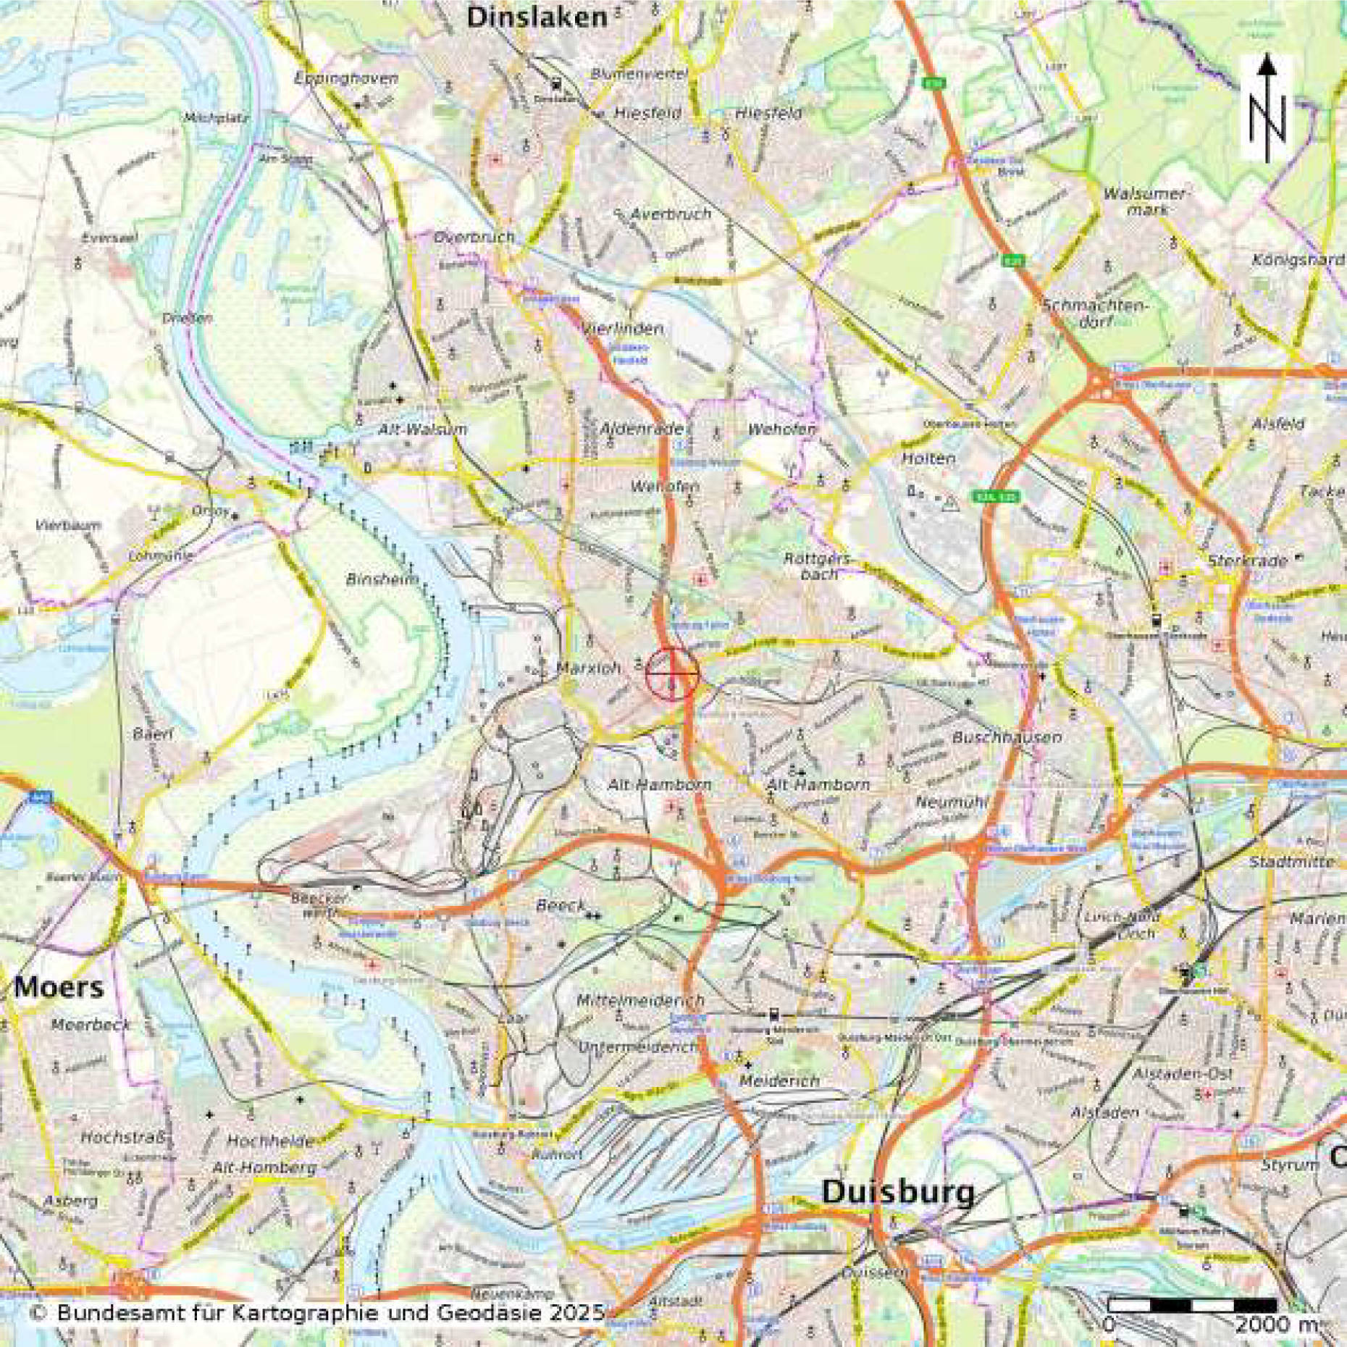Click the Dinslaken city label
click(x=537, y=18)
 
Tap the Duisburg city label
click(x=898, y=1192)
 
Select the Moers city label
click(x=58, y=987)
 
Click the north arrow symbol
click(x=1267, y=109)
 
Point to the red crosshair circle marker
click(x=672, y=674)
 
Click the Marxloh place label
click(x=588, y=668)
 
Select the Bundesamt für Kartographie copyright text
click(x=317, y=1312)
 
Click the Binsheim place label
click(x=382, y=579)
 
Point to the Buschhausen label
click(x=1007, y=737)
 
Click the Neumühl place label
click(x=951, y=802)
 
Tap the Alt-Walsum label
click(x=422, y=429)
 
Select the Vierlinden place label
click(x=622, y=329)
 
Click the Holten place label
click(x=928, y=458)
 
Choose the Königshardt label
click(x=1298, y=259)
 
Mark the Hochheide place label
click(x=270, y=1141)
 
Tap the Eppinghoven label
click(x=346, y=78)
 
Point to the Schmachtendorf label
click(x=1095, y=313)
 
